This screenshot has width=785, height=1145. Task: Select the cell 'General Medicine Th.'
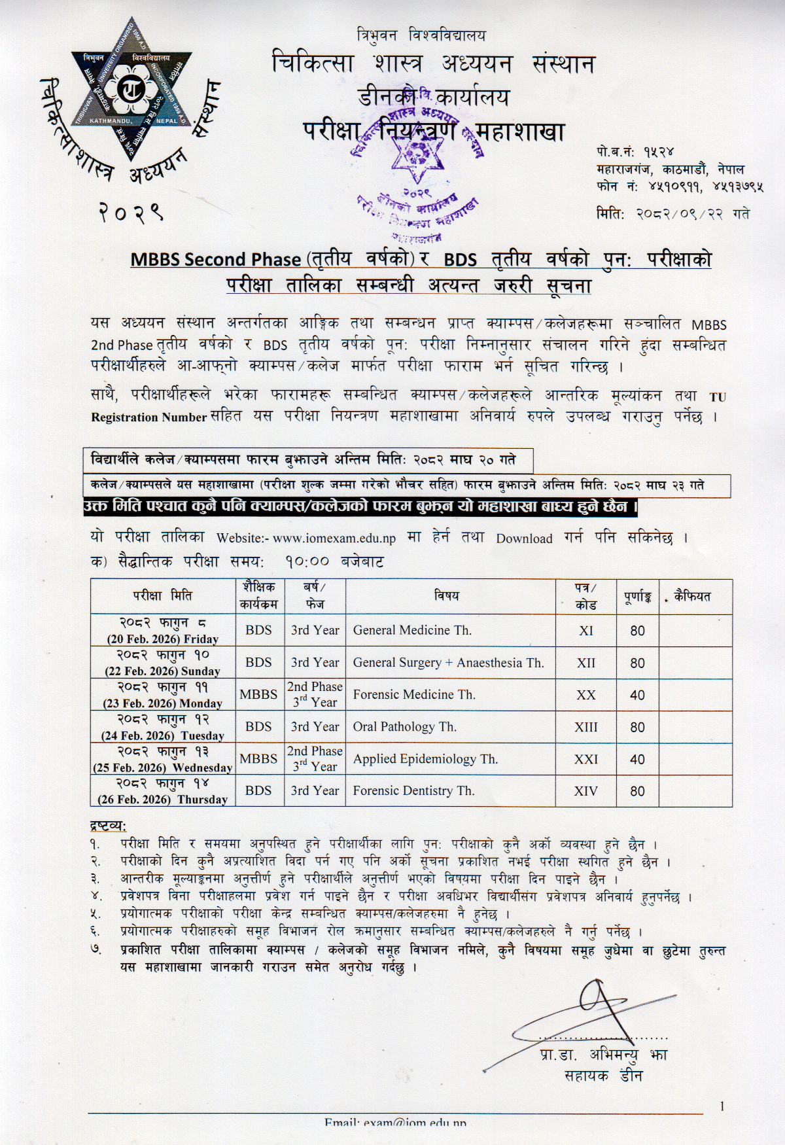412,630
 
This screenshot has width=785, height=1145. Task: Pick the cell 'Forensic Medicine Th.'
414,694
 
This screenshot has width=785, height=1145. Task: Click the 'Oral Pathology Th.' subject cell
404,726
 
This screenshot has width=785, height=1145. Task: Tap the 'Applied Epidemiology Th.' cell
425,759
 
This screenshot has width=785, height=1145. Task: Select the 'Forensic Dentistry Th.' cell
413,790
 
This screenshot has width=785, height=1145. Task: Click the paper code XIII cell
585,727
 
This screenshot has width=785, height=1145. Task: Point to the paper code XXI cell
585,759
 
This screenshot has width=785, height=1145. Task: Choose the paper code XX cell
585,695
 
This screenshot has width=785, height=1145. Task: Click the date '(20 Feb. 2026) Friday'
163,639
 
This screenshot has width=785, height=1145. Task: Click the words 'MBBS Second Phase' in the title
215,259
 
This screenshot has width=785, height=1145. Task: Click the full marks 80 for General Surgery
637,663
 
